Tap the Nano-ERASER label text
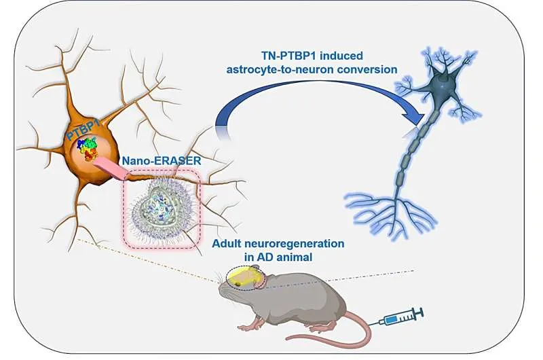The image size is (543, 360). coord(162,161)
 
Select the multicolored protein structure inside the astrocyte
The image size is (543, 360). coord(88,149)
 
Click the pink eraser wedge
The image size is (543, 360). coord(111,168)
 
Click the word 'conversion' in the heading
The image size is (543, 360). coord(368,69)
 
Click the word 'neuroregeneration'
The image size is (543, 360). coord(295,244)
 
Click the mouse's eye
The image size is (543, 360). coord(238,284)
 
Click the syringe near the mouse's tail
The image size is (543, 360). coord(402,317)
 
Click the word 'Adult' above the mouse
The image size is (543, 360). coord(227,244)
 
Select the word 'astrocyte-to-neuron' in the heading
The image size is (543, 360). coord(281,69)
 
